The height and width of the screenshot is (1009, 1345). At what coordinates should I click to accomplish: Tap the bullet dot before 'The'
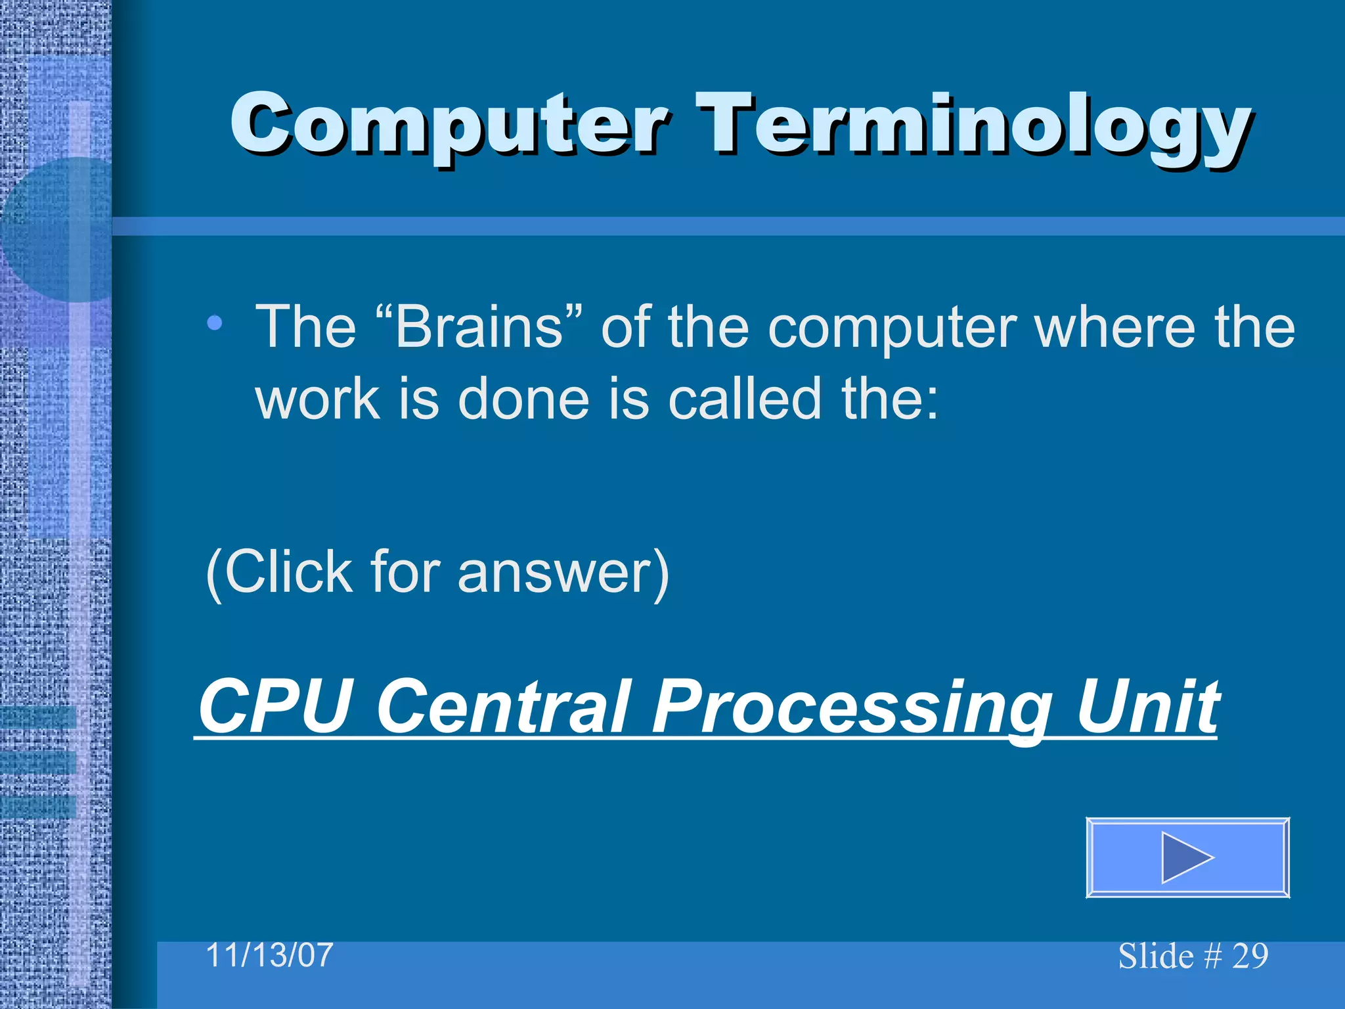[214, 323]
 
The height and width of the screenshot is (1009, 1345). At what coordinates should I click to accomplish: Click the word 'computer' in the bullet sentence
[893, 328]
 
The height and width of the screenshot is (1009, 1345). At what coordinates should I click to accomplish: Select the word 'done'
[523, 399]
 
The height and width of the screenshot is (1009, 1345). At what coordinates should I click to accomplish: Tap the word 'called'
[745, 399]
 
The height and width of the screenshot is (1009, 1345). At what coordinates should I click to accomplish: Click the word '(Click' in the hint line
[280, 572]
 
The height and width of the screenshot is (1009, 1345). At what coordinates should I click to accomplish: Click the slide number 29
[1250, 956]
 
